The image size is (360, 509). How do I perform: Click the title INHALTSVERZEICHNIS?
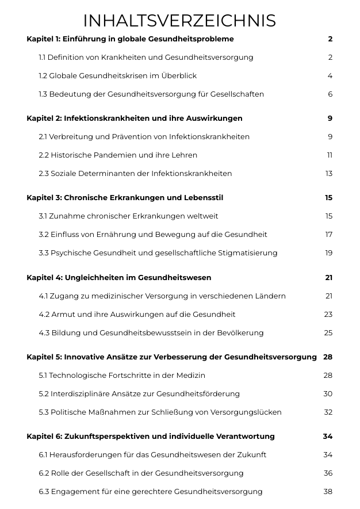pyautogui.click(x=179, y=21)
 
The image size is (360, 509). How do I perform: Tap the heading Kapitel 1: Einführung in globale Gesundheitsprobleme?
pyautogui.click(x=130, y=39)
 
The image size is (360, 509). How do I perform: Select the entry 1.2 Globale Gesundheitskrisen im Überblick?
pyautogui.click(x=118, y=76)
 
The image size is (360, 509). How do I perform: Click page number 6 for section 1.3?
pyautogui.click(x=330, y=94)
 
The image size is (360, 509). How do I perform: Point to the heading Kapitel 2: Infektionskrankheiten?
pyautogui.click(x=135, y=118)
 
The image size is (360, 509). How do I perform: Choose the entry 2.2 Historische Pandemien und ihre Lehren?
pyautogui.click(x=118, y=155)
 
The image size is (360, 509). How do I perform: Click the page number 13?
pyautogui.click(x=329, y=174)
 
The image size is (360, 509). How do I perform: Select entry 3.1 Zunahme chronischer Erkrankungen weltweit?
pyautogui.click(x=128, y=216)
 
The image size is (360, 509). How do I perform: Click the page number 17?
pyautogui.click(x=329, y=235)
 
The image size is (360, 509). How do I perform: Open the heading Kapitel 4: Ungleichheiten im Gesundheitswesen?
pyautogui.click(x=119, y=278)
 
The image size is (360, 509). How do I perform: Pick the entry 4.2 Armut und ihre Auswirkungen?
pyautogui.click(x=137, y=315)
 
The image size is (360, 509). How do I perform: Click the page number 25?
pyautogui.click(x=328, y=333)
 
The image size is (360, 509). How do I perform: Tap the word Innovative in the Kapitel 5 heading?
pyautogui.click(x=84, y=357)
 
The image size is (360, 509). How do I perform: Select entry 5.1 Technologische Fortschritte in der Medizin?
pyautogui.click(x=122, y=376)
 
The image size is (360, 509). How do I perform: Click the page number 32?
pyautogui.click(x=328, y=412)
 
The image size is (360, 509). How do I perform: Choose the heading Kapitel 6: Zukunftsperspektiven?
pyautogui.click(x=151, y=437)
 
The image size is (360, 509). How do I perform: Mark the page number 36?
pyautogui.click(x=328, y=473)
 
